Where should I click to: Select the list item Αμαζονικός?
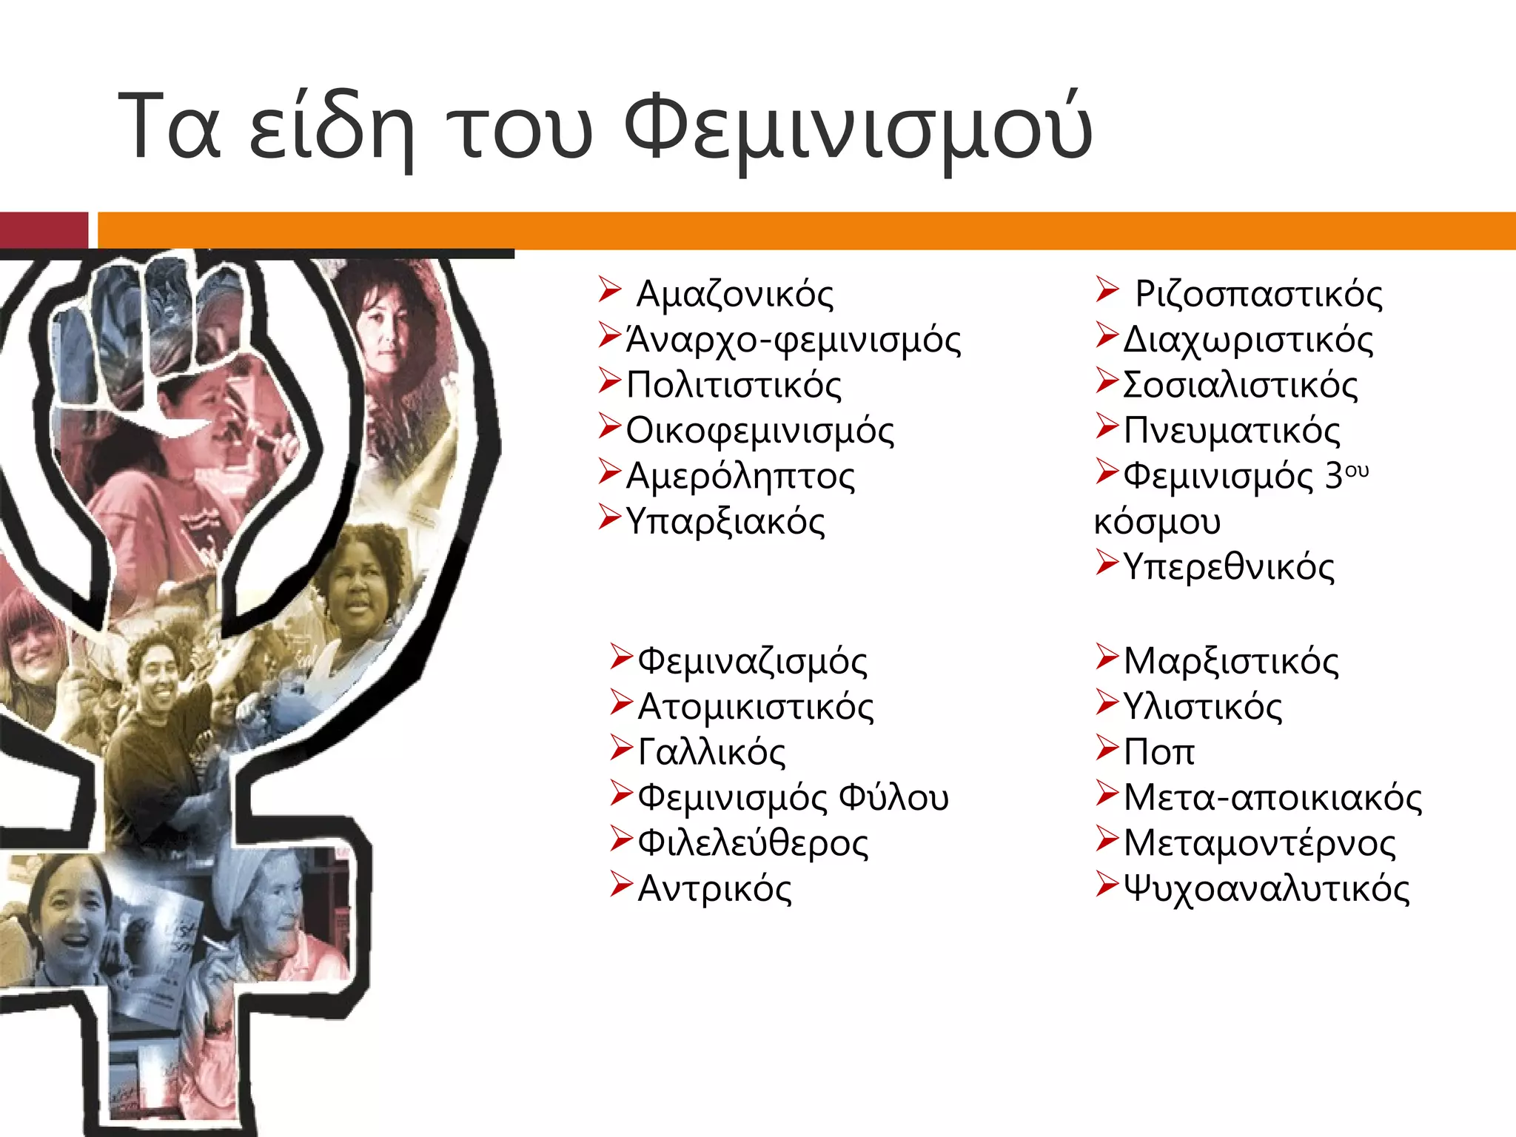734,294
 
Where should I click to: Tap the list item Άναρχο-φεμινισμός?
793,340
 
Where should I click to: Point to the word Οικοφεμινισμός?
759,431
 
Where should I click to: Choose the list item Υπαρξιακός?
725,521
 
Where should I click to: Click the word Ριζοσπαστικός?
1258,294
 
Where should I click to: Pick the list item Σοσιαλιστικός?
1241,385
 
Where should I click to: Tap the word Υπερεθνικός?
1229,567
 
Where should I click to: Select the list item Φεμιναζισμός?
752,660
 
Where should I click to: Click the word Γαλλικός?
711,752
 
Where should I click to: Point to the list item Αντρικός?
714,888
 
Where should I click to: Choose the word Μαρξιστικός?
1231,660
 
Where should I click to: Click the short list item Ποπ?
1159,752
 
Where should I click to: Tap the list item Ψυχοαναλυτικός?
1267,888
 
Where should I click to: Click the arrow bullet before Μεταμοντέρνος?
1107,838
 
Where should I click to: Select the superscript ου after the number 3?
1357,469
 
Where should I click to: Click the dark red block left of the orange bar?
43,229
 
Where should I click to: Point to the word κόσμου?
1157,521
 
